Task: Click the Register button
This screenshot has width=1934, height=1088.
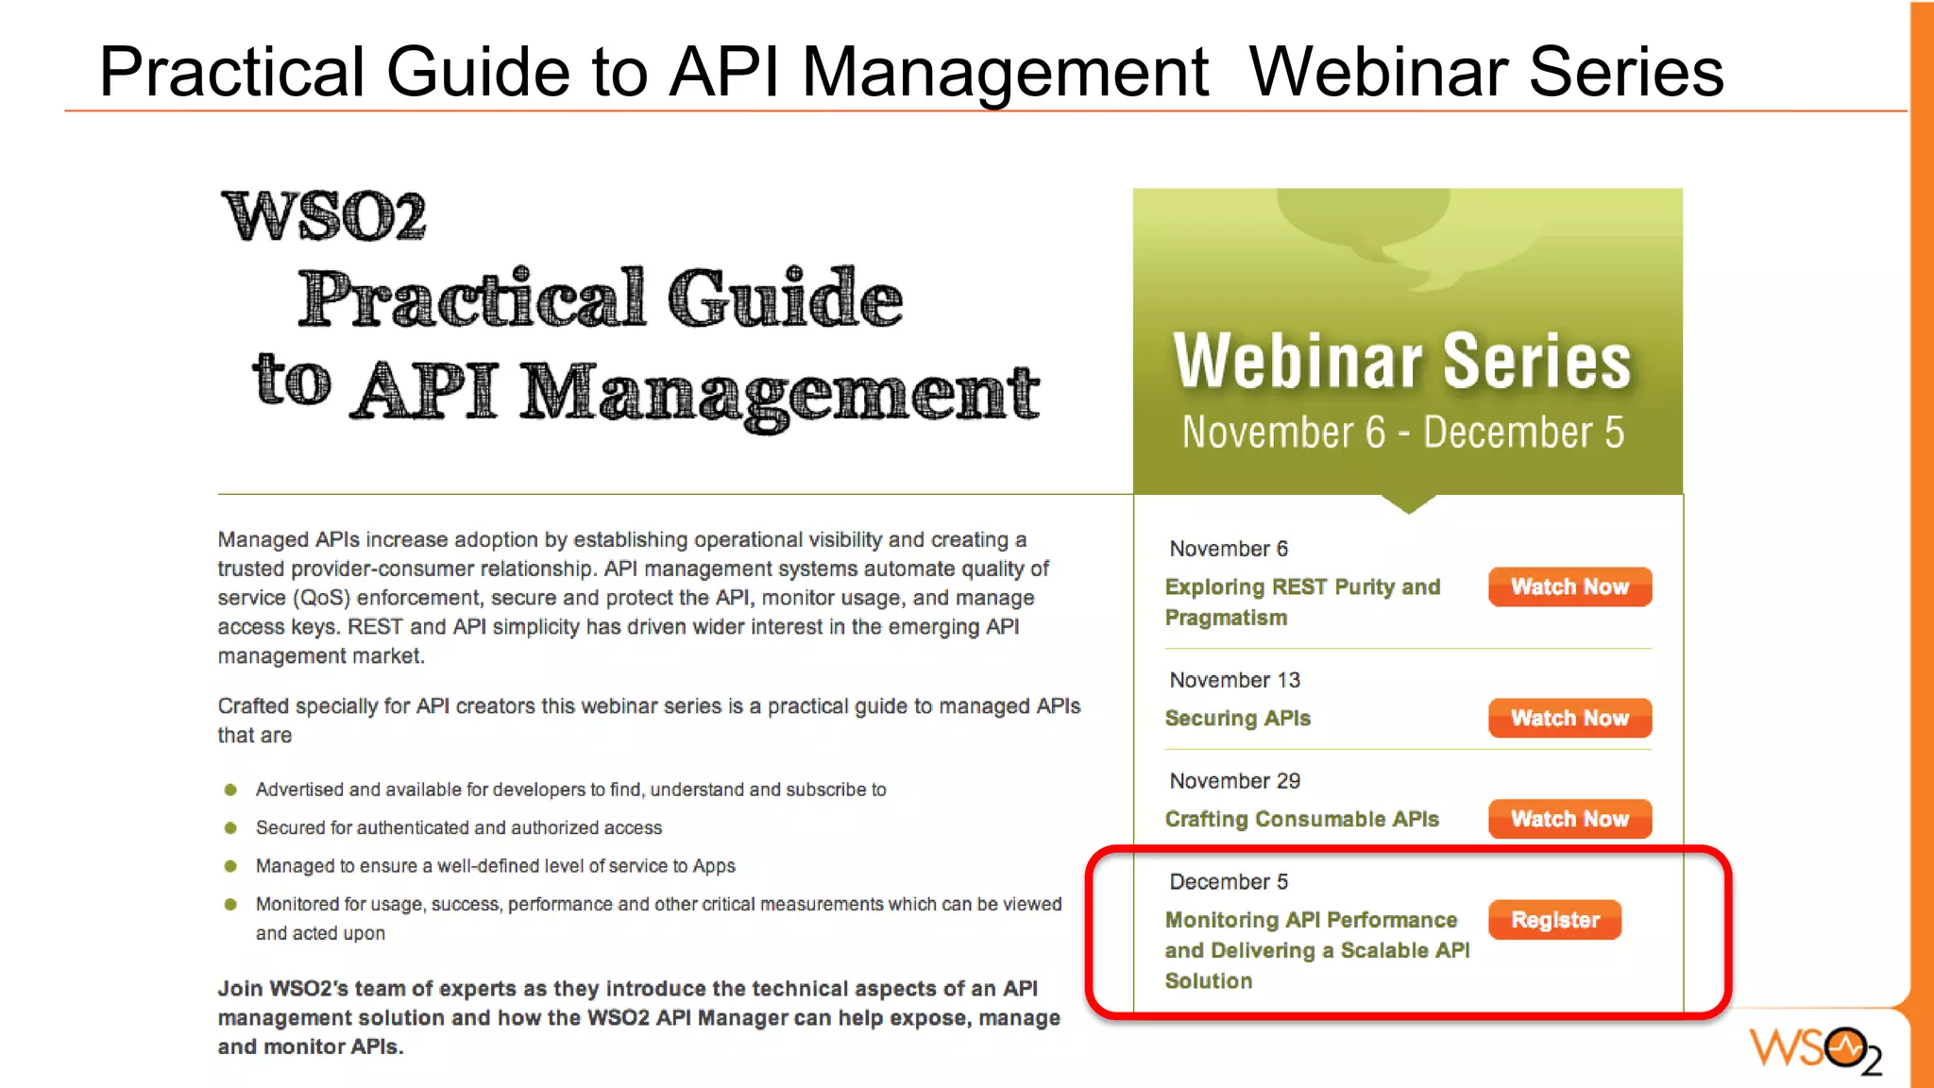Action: pos(1554,920)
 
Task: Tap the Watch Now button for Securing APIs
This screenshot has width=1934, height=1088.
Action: pos(1569,718)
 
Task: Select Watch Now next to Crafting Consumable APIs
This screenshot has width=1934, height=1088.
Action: pos(1569,819)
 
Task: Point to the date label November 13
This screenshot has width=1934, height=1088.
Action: pos(1234,680)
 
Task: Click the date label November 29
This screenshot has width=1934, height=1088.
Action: pos(1234,781)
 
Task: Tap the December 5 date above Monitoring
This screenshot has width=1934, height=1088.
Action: pos(1229,882)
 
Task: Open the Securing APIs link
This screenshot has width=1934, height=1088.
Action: pos(1237,719)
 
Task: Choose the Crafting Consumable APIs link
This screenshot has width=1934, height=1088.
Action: pos(1301,820)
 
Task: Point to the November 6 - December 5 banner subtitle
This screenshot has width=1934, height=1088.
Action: pos(1403,433)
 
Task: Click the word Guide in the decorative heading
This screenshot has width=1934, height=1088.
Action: pos(785,298)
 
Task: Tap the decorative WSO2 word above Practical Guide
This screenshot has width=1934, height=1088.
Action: pos(324,216)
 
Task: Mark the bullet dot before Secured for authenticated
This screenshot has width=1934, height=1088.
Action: pos(230,828)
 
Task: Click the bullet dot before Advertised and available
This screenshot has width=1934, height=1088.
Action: pos(230,790)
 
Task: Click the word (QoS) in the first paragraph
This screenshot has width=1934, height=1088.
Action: pos(321,598)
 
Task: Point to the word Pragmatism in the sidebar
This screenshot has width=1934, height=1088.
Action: pos(1226,618)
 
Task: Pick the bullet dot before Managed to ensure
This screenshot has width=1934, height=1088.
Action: pos(230,866)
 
